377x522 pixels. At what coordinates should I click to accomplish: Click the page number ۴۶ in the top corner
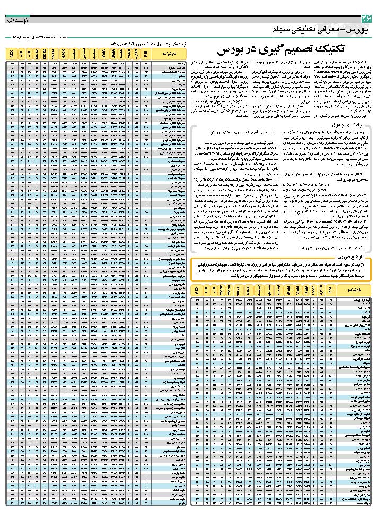coord(366,20)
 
